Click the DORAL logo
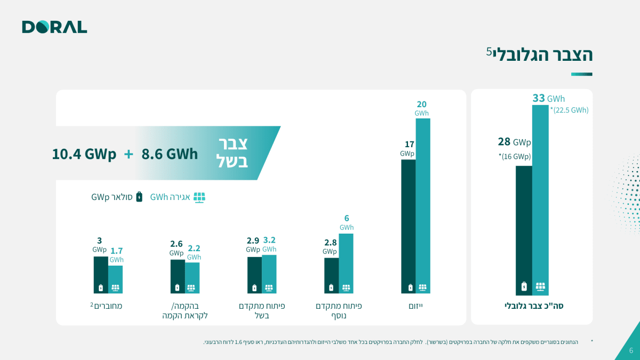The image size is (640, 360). [x=54, y=27]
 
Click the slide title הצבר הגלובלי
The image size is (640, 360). [x=539, y=54]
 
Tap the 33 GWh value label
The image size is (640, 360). [x=549, y=98]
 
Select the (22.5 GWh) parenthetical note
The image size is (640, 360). [x=570, y=110]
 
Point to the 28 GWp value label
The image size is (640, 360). [x=514, y=142]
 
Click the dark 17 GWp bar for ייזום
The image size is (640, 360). [x=409, y=226]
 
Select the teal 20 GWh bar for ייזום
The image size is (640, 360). [x=423, y=206]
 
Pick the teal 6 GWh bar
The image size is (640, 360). [x=346, y=263]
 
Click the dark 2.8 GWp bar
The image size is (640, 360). [x=331, y=275]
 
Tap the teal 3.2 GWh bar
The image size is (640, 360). [x=269, y=274]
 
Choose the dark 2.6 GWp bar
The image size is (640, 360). [x=178, y=276]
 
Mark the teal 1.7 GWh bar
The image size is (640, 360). [x=115, y=279]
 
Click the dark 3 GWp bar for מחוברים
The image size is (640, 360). [x=101, y=275]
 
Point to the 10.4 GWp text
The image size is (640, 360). [x=84, y=154]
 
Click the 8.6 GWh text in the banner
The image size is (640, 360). [x=170, y=154]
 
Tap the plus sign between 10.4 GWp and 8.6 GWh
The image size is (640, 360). [x=129, y=154]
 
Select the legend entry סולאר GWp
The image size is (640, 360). [x=117, y=197]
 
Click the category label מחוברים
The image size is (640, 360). [x=106, y=306]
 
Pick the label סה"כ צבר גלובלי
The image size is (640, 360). [x=534, y=306]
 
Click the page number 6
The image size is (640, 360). [x=631, y=350]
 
